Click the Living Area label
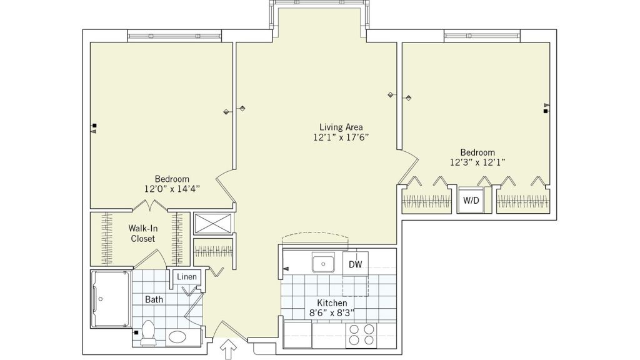pyautogui.click(x=341, y=127)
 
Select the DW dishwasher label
pyautogui.click(x=355, y=264)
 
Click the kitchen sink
pyautogui.click(x=323, y=262)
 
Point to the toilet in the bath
pyautogui.click(x=147, y=332)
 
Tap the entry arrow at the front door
pyautogui.click(x=227, y=349)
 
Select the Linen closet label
pyautogui.click(x=186, y=276)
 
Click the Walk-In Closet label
pyautogui.click(x=143, y=233)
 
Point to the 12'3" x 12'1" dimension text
pyautogui.click(x=477, y=162)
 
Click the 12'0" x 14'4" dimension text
pyautogui.click(x=172, y=189)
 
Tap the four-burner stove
pyautogui.click(x=361, y=335)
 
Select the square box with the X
pyautogui.click(x=212, y=223)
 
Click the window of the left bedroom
pyautogui.click(x=175, y=36)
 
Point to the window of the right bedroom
pyautogui.click(x=482, y=36)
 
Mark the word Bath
pyautogui.click(x=154, y=299)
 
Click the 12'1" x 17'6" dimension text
pyautogui.click(x=341, y=137)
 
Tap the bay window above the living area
pyautogui.click(x=319, y=4)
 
